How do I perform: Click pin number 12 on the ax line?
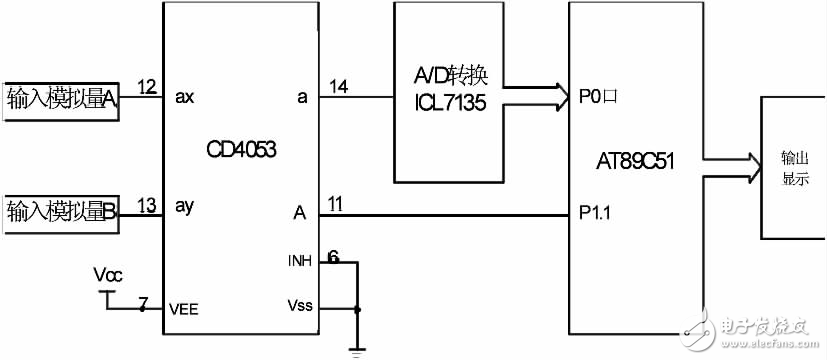tap(147, 88)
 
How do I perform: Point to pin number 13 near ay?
tap(147, 205)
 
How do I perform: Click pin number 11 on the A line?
tap(335, 205)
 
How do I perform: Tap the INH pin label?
tap(300, 262)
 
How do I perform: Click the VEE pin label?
tap(185, 309)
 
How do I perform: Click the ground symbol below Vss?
tap(357, 350)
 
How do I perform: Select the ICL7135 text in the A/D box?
tap(450, 101)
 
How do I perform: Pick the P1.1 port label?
tap(597, 213)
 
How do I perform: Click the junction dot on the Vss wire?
tap(357, 309)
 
